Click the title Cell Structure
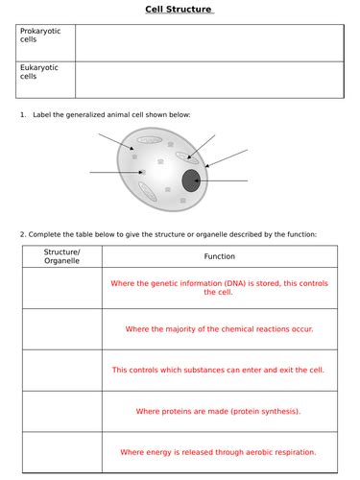[179, 11]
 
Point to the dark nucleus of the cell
[191, 180]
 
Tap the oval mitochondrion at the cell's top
[149, 139]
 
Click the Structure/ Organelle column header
[61, 256]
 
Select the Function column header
[219, 256]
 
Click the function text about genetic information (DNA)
[219, 288]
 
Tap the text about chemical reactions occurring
[219, 328]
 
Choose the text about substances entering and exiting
[219, 370]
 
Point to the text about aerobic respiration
[219, 451]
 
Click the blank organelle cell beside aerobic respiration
[61, 451]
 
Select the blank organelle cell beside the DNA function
[61, 288]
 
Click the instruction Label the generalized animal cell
[111, 114]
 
